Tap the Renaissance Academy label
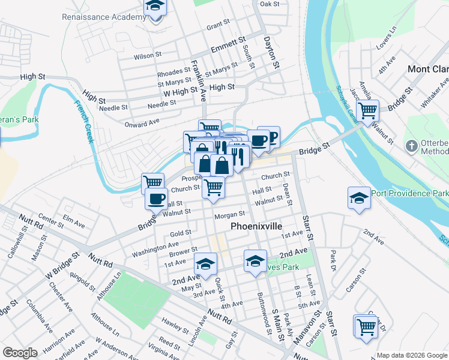104,17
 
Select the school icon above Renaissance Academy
155,7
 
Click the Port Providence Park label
409,193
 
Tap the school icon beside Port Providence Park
358,199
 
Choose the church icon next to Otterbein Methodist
411,145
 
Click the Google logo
20,353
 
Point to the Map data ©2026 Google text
411,355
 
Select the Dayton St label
271,52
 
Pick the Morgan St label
229,214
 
